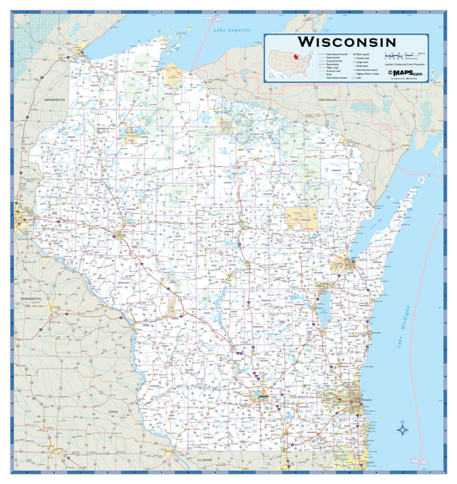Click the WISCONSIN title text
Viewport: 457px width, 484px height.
(x=347, y=41)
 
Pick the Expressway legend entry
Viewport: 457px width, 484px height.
(x=330, y=64)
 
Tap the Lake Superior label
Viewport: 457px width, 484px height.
(x=229, y=30)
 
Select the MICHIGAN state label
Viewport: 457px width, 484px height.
(x=327, y=100)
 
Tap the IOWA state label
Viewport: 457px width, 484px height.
(x=112, y=411)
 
